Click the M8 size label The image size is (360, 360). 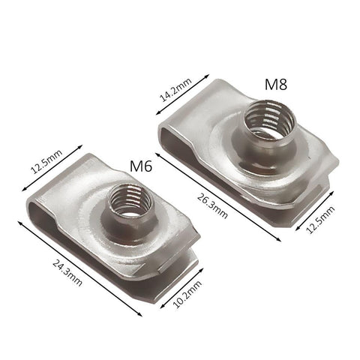click(x=276, y=84)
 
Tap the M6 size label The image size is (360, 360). click(x=141, y=166)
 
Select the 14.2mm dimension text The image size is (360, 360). click(x=175, y=90)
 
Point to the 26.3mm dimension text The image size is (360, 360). click(x=212, y=206)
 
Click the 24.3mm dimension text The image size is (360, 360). click(x=67, y=273)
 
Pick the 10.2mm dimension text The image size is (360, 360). click(x=187, y=295)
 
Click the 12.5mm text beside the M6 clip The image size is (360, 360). click(x=46, y=161)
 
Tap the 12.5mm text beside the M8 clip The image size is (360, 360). click(x=320, y=220)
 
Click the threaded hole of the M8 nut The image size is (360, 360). click(x=268, y=120)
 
